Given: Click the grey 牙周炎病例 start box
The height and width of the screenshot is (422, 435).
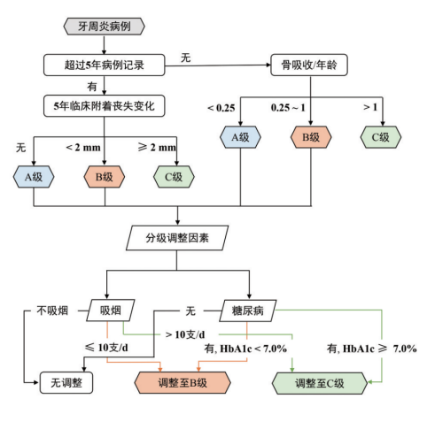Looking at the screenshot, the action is [x=105, y=27].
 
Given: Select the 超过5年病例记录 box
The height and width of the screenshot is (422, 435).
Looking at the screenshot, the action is [x=105, y=65].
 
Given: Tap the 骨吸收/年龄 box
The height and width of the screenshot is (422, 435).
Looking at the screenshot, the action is [x=309, y=65].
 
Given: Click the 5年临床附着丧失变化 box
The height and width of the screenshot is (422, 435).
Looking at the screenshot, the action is [x=105, y=106].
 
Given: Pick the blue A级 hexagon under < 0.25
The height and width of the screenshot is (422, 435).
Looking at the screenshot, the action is [x=240, y=137].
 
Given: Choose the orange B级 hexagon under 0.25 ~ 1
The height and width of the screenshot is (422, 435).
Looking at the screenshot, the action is [x=311, y=137].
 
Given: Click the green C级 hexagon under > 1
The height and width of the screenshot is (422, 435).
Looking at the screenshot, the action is [x=381, y=137].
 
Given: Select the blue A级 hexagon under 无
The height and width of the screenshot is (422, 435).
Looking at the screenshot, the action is [x=34, y=177].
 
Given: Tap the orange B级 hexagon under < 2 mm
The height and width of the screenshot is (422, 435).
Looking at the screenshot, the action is [x=105, y=177].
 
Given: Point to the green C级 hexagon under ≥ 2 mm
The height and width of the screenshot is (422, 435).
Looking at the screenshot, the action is [x=174, y=177].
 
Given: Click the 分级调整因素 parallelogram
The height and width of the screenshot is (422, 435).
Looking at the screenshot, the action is [x=177, y=238].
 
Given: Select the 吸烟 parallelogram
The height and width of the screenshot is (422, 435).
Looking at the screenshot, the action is [x=111, y=311].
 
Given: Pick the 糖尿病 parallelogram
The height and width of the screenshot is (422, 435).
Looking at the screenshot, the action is [x=248, y=311].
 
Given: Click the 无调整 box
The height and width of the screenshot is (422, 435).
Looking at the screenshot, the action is [x=66, y=383].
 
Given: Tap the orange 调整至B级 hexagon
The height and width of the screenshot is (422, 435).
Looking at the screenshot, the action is [x=183, y=383].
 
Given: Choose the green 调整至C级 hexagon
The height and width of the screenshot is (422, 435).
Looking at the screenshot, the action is [x=320, y=383].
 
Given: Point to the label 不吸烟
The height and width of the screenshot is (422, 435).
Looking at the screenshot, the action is [x=52, y=311].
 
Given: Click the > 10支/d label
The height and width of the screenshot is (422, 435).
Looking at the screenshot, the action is [x=185, y=334].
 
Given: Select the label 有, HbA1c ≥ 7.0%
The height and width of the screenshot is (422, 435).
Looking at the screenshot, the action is [x=371, y=349].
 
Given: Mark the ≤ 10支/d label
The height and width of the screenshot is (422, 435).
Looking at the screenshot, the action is [x=106, y=348].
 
